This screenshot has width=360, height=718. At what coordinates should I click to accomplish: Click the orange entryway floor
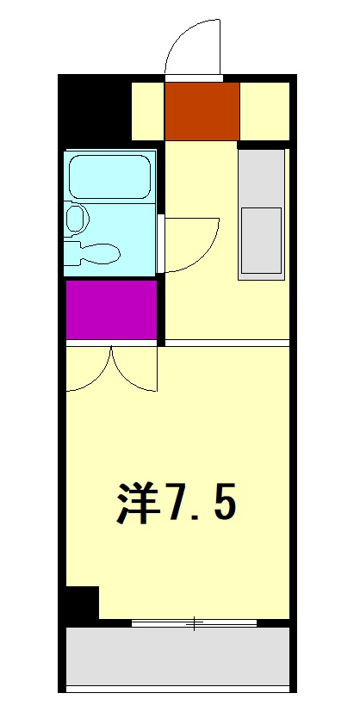point(202,111)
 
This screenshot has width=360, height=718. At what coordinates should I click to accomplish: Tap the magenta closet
point(111,309)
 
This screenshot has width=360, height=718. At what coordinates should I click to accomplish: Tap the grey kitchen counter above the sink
point(261,176)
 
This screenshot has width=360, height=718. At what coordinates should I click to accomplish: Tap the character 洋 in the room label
point(139,504)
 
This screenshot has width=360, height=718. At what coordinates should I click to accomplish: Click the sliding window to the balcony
point(194,622)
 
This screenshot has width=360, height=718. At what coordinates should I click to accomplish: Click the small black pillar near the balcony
point(83,603)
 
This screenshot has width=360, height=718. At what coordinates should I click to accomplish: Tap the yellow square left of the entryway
point(147,111)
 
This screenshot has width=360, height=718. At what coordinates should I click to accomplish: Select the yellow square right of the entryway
point(264,111)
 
